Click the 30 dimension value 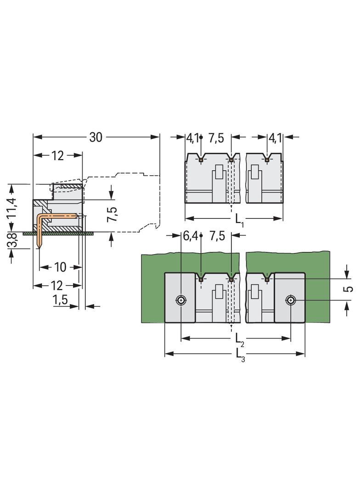[96, 137]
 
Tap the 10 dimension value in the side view [60, 267]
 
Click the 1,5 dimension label [60, 300]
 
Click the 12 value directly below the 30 [57, 156]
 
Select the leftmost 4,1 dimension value [192, 137]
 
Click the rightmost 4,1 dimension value [276, 137]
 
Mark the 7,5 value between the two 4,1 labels [216, 137]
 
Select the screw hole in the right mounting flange [290, 300]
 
